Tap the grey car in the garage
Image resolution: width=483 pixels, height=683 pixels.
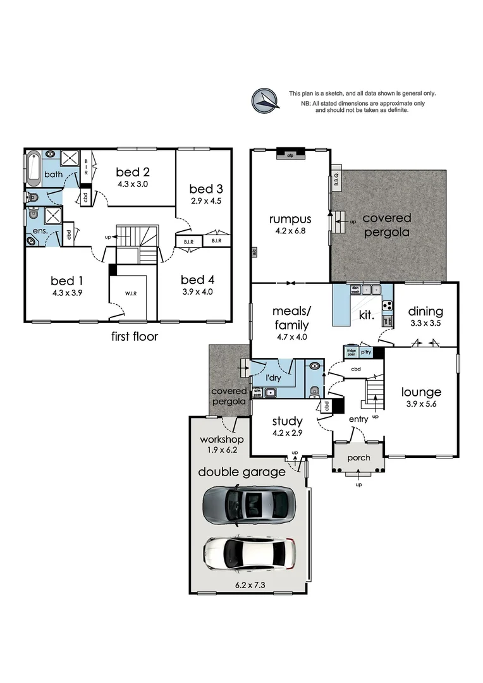248,504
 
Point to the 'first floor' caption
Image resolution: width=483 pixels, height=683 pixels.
134,336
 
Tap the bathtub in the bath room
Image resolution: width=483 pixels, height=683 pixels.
34,167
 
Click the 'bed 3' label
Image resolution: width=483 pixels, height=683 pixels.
206,188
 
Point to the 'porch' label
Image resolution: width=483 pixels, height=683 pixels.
358,457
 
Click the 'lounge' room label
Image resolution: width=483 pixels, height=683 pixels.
421,392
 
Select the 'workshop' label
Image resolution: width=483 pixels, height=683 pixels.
221,439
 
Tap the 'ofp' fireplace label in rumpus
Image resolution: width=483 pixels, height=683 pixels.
291,154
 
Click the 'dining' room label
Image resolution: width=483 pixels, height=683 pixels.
425,311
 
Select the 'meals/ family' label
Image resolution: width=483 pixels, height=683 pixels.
290,318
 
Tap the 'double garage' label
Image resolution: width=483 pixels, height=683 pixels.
241,472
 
